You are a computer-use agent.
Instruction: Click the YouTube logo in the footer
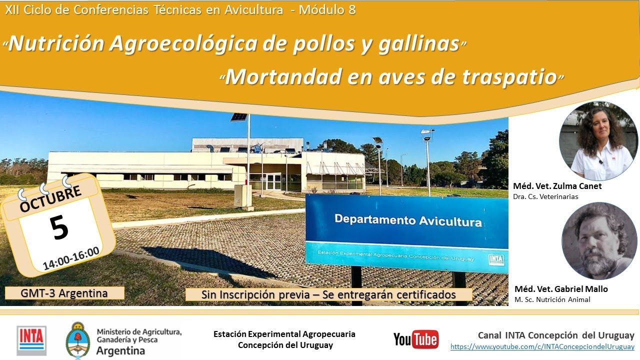coord(416,339)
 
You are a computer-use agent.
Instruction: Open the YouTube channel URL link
coord(542,346)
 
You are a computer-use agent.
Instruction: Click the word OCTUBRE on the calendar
coord(50,199)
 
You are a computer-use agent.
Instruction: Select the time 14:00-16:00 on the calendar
coord(71,258)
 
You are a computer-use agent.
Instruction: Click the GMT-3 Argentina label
coord(64,293)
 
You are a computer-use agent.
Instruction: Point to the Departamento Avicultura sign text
coord(408,220)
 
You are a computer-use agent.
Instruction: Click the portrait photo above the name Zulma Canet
coord(598,141)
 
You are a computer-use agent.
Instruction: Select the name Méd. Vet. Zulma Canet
coord(557,186)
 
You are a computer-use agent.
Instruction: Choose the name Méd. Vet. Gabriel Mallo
coord(561,289)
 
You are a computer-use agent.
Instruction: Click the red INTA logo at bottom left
coord(31,340)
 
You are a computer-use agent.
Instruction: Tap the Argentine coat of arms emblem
coord(78,340)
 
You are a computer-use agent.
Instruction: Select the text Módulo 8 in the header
coord(327,10)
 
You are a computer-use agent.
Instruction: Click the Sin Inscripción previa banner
coord(328,294)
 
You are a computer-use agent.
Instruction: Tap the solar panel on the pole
coord(239,117)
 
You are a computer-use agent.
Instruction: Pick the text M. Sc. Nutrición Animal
coord(552,299)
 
